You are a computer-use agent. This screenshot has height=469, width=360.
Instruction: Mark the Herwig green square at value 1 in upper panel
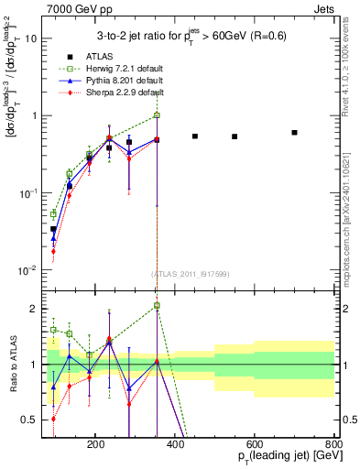(157, 115)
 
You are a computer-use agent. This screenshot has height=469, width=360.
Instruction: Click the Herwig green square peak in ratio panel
(157, 305)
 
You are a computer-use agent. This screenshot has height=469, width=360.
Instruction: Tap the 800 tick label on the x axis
(333, 443)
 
